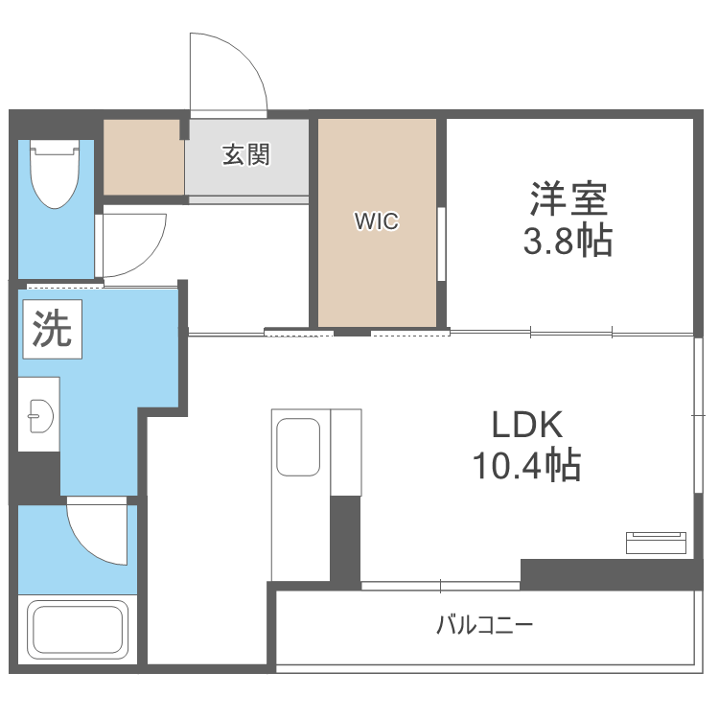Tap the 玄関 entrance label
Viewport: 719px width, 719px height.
tap(246, 154)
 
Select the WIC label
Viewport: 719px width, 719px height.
tap(377, 221)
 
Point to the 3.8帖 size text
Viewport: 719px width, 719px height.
tap(568, 241)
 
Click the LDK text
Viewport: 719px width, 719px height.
tap(527, 425)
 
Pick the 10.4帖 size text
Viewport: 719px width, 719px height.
tap(527, 465)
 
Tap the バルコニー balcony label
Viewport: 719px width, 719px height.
tap(485, 625)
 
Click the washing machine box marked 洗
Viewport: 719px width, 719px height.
tap(52, 329)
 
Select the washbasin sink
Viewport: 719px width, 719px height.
tap(40, 416)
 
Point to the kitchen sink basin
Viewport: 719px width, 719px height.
tap(298, 447)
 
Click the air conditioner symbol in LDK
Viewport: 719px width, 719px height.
tap(656, 543)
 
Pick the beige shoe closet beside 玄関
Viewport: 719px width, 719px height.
tap(144, 157)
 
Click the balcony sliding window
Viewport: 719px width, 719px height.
tap(440, 586)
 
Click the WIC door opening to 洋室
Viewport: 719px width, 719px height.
tap(442, 244)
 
